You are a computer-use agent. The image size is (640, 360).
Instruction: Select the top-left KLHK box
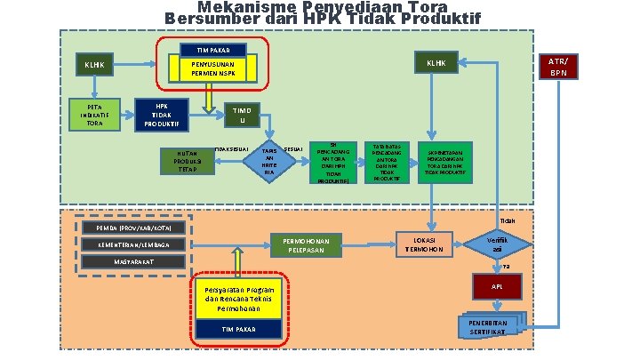click(x=94, y=65)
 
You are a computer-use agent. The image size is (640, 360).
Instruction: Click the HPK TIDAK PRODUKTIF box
click(x=161, y=115)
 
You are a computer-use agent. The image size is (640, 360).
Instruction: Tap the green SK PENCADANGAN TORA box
click(x=333, y=162)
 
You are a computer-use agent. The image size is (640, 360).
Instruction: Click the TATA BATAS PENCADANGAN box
click(x=388, y=162)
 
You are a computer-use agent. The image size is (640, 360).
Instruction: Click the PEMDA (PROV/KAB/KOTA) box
click(x=133, y=227)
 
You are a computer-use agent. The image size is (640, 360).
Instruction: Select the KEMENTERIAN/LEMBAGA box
click(x=133, y=244)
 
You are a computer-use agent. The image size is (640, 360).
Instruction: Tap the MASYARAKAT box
click(x=133, y=262)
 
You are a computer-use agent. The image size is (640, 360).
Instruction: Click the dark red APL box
click(x=497, y=288)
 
